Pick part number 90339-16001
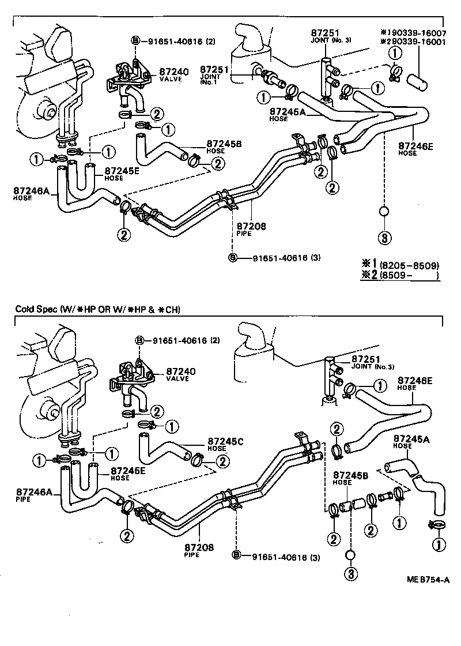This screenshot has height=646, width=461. tap(417, 42)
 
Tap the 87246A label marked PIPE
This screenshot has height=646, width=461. tap(33, 494)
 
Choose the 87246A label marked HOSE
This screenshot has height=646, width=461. tap(30, 192)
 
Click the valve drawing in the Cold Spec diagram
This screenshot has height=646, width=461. tap(130, 381)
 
